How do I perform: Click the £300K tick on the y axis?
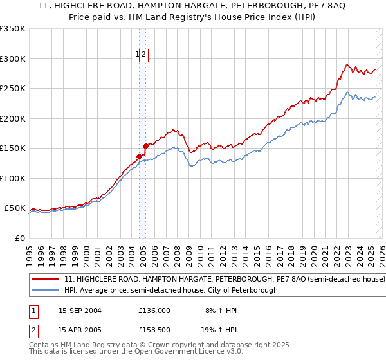[12, 59]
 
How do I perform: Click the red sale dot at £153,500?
[145, 146]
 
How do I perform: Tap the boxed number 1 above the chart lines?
[138, 55]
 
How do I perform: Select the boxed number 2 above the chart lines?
[145, 55]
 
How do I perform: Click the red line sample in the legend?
[46, 280]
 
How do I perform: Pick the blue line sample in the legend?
[46, 290]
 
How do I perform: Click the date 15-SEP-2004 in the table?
[80, 310]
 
